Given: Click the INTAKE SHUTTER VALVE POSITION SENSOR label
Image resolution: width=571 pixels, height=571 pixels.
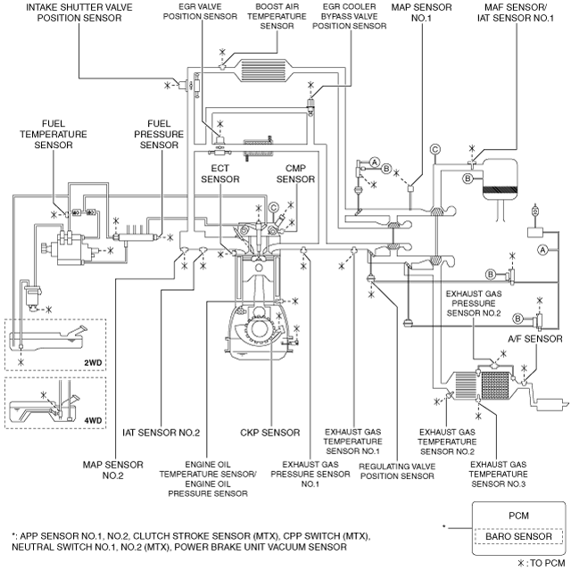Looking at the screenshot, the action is tap(79, 12).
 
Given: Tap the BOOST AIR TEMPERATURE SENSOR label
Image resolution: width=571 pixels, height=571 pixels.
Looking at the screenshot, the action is tap(277, 16).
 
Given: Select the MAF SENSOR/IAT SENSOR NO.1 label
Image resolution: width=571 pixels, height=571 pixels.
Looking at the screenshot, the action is tap(516, 12).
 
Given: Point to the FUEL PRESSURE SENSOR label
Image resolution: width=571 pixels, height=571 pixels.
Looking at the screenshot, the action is tap(159, 135).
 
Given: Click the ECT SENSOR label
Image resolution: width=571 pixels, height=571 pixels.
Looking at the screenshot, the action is tap(220, 174).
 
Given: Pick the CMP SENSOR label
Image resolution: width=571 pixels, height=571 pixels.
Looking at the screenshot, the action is tap(295, 174).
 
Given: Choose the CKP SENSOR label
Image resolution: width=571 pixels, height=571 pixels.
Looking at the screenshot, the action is tap(269, 433).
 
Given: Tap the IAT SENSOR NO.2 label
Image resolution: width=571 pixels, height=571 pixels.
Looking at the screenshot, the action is tap(161, 433).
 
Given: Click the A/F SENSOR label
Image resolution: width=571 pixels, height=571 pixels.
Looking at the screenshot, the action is tap(535, 339).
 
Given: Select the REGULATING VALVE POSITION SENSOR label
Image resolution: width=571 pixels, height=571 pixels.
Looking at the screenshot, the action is tap(397, 471).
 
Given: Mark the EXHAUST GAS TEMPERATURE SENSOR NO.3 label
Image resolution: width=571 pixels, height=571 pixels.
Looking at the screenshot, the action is tap(498, 474).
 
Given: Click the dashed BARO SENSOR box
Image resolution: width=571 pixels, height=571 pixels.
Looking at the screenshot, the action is tap(518, 536).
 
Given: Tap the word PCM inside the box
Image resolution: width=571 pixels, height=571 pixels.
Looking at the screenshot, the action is tap(518, 516).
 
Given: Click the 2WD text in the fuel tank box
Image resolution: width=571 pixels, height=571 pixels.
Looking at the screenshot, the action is tap(93, 363).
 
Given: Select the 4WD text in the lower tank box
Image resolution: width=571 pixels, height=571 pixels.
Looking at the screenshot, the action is tap(93, 420).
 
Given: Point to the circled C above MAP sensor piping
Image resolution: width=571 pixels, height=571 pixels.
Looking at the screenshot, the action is tap(434, 149).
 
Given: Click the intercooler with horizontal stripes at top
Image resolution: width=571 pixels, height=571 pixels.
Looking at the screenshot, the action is tap(263, 70).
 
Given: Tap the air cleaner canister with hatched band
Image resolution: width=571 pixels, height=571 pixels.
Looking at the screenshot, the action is tap(500, 178).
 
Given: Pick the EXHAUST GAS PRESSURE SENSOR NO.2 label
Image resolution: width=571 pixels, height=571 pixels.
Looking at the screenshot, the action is tap(474, 303).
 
